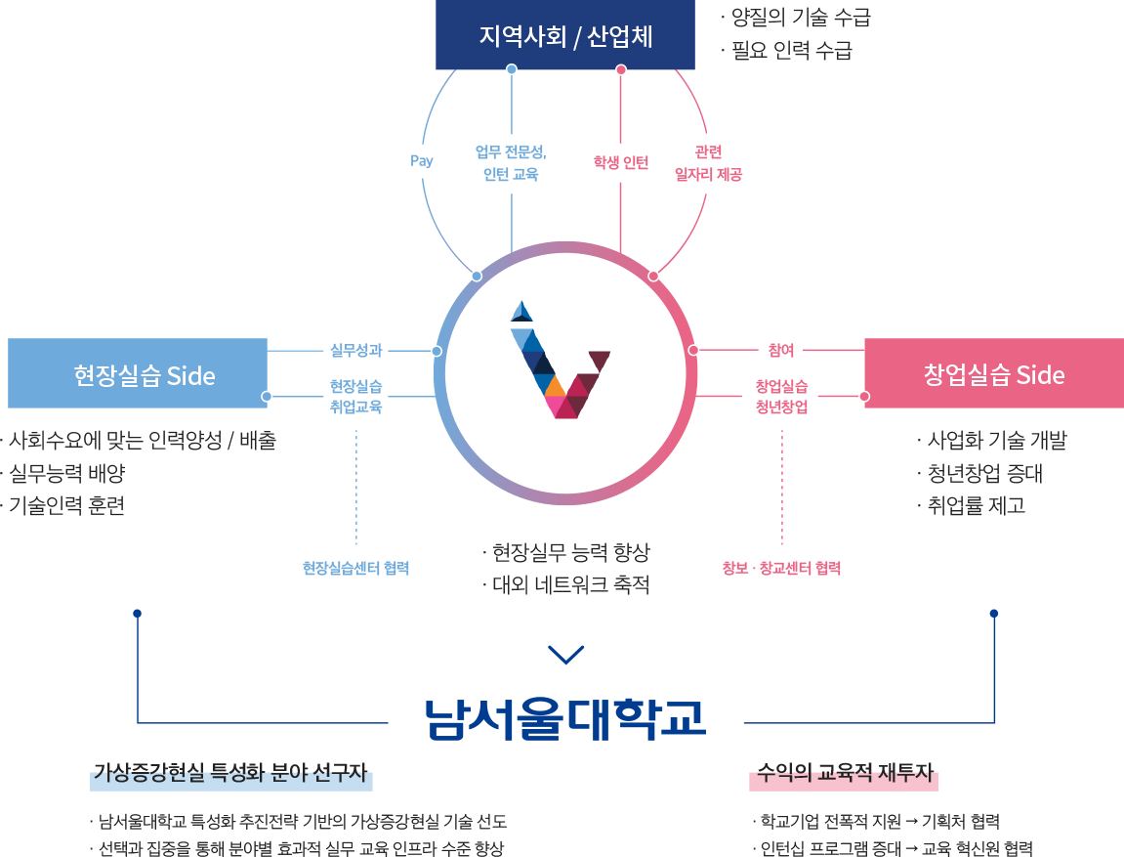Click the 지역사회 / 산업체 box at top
tap(564, 36)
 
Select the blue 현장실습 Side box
tap(138, 374)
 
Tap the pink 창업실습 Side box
tap(993, 374)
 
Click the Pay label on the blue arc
tap(422, 161)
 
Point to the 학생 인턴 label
tap(621, 162)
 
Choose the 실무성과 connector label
tap(355, 350)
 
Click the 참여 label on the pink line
tap(781, 350)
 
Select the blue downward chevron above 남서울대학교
tap(566, 654)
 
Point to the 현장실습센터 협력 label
tap(355, 568)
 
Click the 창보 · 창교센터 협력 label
tap(781, 568)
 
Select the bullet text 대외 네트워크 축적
tap(569, 585)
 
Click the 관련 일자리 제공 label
tap(708, 163)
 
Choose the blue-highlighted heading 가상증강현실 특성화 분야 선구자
tap(230, 777)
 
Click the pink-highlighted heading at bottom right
tap(843, 777)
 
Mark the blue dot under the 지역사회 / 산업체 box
tap(512, 69)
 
